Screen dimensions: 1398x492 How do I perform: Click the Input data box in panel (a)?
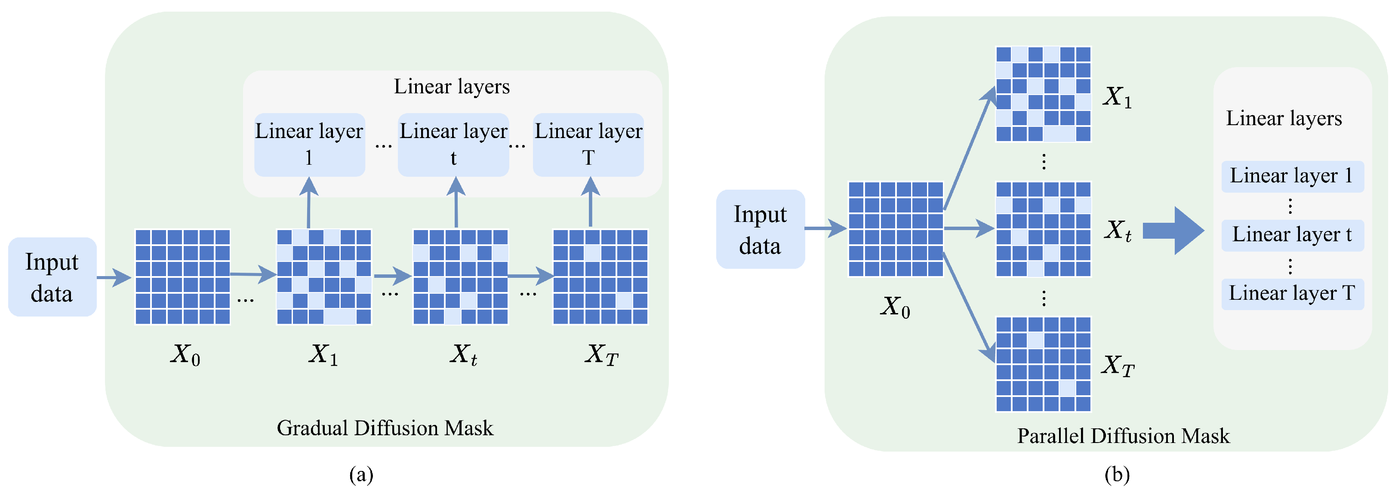(52, 277)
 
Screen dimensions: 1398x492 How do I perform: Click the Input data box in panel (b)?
(761, 229)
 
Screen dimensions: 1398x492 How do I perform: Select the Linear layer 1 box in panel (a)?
(309, 145)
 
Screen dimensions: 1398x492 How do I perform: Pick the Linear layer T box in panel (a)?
(588, 145)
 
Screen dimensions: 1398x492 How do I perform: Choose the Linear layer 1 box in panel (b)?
(1292, 176)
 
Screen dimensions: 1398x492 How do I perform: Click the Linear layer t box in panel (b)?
(1292, 235)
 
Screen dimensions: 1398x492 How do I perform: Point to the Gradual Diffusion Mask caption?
(385, 428)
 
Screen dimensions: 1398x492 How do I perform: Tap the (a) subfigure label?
(361, 475)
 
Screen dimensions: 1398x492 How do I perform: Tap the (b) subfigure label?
(1117, 475)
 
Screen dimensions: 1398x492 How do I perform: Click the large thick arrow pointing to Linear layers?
(1173, 231)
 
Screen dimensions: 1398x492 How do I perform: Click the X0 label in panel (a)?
(185, 355)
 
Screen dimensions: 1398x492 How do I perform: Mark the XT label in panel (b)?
(1118, 366)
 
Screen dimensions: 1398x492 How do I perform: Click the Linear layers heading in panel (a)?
(452, 87)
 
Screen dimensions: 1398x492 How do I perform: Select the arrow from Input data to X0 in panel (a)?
(114, 277)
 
